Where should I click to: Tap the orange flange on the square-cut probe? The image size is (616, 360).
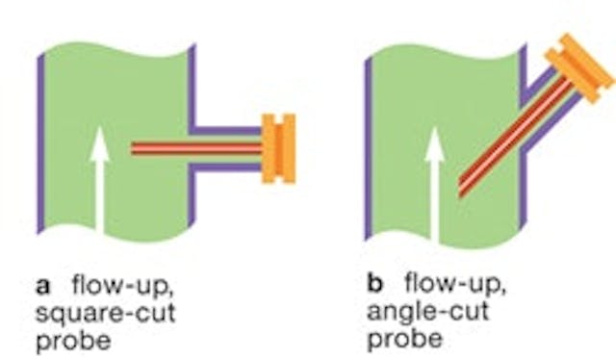pos(278,148)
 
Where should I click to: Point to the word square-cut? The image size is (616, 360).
pos(90,313)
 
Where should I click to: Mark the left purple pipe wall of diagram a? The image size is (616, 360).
pos(40,144)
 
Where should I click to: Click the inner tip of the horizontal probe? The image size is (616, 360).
pos(134,148)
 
